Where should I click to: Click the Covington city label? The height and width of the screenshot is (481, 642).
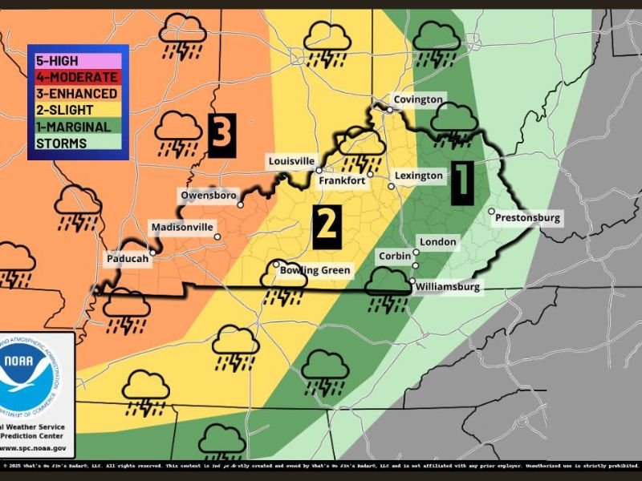click(x=417, y=99)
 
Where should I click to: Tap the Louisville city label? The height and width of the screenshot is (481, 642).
click(x=291, y=161)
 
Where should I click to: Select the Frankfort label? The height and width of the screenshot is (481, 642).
click(x=342, y=181)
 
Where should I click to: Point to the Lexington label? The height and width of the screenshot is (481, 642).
click(x=419, y=176)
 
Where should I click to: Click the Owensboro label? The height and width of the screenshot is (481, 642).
click(x=209, y=196)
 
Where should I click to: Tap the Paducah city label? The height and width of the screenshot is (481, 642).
click(x=128, y=260)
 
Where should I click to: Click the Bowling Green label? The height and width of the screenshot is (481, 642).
click(x=315, y=271)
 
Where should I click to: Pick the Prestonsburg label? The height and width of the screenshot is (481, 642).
click(x=527, y=218)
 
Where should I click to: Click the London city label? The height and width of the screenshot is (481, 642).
click(x=437, y=242)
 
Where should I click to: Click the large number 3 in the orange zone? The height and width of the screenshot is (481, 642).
click(x=222, y=133)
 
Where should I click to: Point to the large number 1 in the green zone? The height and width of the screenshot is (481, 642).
click(x=461, y=181)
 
